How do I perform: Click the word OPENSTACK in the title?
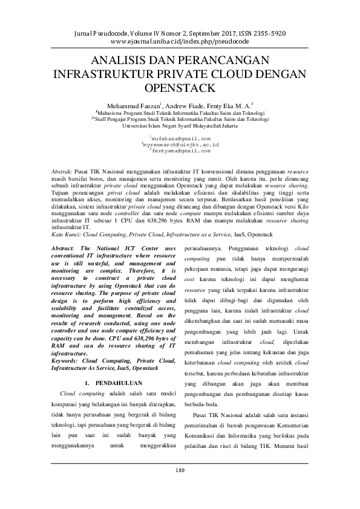pos(180,88)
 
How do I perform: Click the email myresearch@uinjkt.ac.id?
pos(180,146)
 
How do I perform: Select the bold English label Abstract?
pos(65,248)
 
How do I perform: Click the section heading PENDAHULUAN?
pos(119,383)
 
